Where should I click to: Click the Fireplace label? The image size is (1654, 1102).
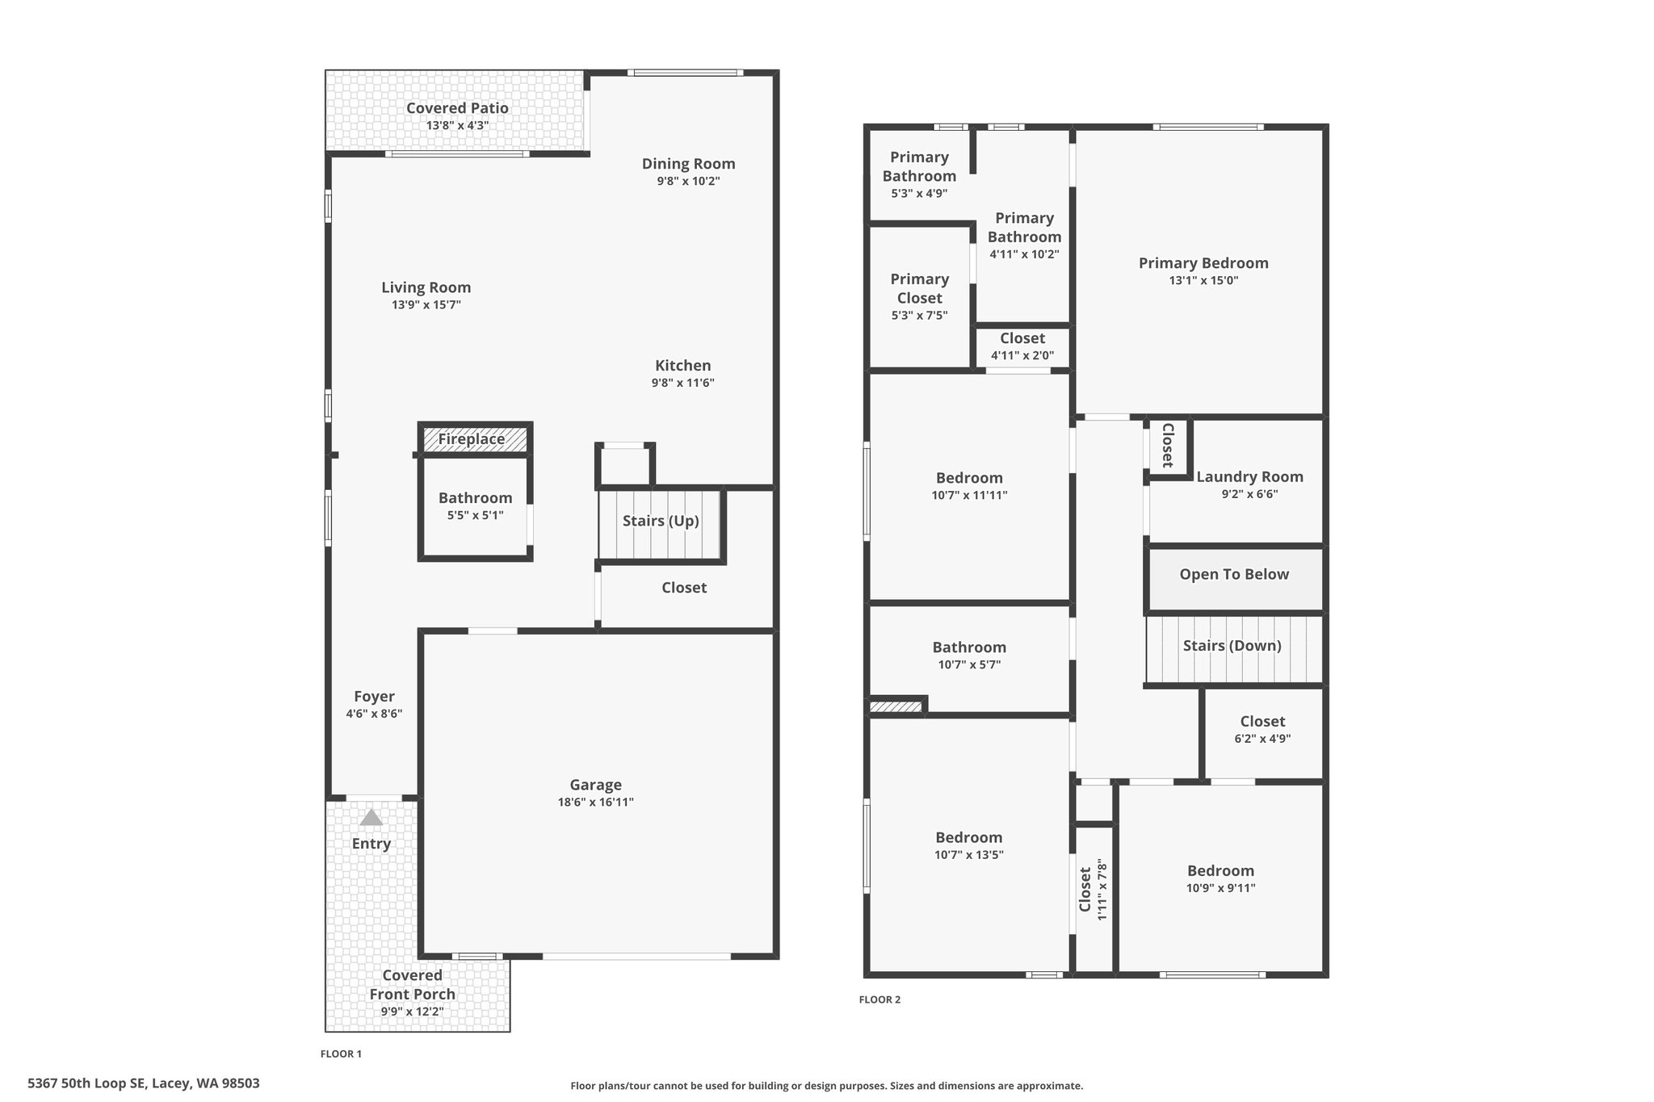[472, 439]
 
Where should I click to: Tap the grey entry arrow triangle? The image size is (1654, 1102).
[371, 818]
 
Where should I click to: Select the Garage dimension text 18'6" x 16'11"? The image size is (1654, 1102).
[596, 802]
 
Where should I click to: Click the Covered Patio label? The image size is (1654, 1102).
[457, 108]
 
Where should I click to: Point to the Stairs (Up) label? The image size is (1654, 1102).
[661, 521]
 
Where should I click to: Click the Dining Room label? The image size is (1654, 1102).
[689, 164]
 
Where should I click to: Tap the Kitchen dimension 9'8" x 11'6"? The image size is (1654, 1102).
[683, 383]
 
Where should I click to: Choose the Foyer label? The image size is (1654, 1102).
[374, 697]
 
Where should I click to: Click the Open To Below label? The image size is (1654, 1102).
[1234, 575]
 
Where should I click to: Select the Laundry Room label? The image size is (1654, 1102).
[1250, 477]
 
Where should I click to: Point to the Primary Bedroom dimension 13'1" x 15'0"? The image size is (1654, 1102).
[1203, 281]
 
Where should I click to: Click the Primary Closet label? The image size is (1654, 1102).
[920, 288]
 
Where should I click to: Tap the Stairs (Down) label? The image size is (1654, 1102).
[1232, 646]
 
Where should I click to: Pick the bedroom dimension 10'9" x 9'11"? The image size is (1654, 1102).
[1221, 888]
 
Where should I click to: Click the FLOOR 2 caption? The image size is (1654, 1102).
[879, 999]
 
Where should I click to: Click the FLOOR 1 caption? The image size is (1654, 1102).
[341, 1054]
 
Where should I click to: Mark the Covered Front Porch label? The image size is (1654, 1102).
[413, 985]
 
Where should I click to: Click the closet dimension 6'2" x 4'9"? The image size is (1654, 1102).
[1263, 739]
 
